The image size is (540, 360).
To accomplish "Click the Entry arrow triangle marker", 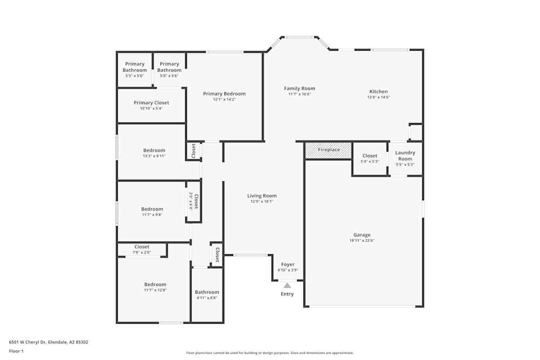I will [287, 286].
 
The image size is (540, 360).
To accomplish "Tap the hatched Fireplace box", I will [328, 150].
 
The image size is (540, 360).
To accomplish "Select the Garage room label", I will [362, 235].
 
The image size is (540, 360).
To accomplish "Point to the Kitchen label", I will [378, 91].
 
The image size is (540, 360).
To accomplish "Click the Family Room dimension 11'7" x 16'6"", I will [300, 94].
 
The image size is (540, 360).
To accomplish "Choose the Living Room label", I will [262, 196].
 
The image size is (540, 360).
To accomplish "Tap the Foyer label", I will [288, 264].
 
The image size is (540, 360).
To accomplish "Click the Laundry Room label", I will [405, 156].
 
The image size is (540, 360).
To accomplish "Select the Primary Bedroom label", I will [224, 94].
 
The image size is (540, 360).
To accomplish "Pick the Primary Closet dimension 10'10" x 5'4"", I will [151, 108].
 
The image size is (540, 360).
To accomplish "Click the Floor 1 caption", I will [16, 351].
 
